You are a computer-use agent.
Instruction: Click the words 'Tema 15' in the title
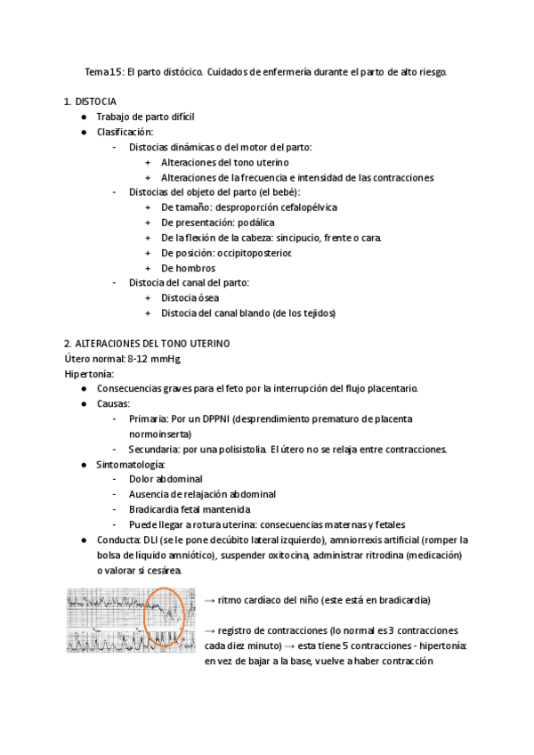[98, 71]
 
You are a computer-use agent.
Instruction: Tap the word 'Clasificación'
[125, 132]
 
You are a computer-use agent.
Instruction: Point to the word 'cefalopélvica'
[306, 207]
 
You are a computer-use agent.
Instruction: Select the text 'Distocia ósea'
[190, 297]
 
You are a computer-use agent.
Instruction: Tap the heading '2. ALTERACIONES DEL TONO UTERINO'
[147, 343]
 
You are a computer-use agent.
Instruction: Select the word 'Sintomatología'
[130, 464]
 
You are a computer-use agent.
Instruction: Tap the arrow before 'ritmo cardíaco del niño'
[209, 599]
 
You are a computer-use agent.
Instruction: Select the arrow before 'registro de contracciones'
[209, 630]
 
